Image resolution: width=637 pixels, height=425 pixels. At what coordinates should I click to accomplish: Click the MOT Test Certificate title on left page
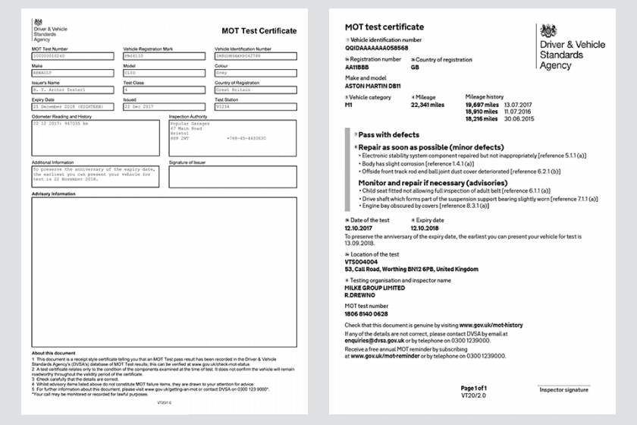(x=259, y=31)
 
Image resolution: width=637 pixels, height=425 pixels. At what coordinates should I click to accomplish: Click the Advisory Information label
(x=54, y=194)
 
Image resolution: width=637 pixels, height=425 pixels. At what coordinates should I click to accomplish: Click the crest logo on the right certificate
(x=549, y=33)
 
